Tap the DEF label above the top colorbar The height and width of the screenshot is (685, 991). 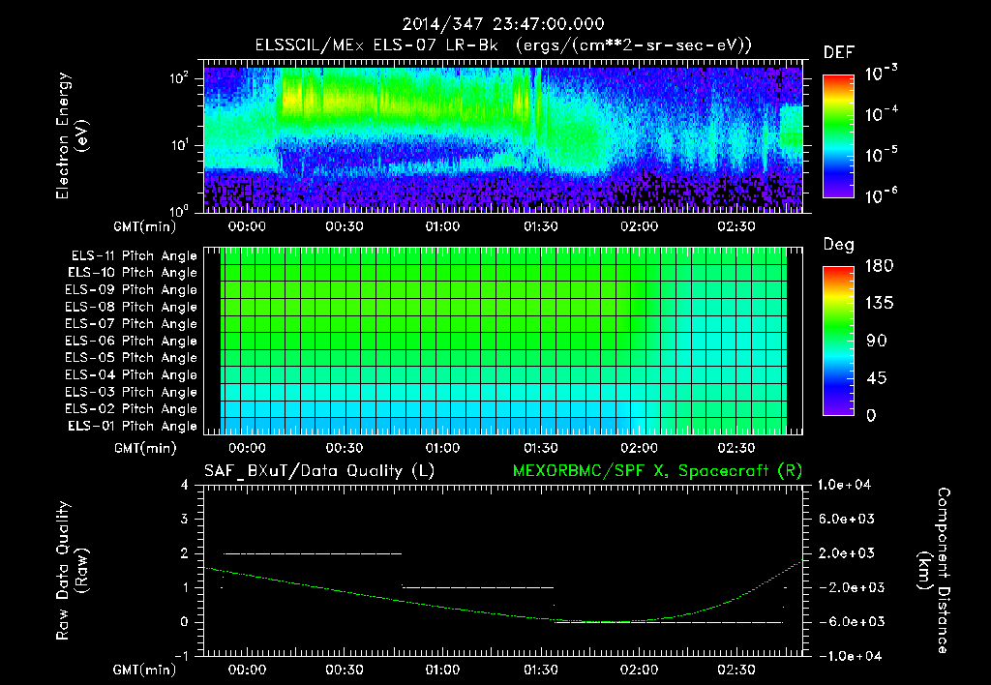pyautogui.click(x=838, y=52)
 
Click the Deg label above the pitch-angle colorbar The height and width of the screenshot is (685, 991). pyautogui.click(x=838, y=245)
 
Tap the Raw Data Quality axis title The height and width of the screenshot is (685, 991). pyautogui.click(x=73, y=571)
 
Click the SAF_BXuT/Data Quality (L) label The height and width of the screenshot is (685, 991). pyautogui.click(x=317, y=471)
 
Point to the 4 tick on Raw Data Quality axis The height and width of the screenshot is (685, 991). pyautogui.click(x=186, y=485)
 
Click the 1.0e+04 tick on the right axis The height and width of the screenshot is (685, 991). pyautogui.click(x=848, y=485)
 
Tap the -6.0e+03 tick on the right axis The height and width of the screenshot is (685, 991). pyautogui.click(x=848, y=621)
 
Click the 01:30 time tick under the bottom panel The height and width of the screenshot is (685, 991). pyautogui.click(x=541, y=670)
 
